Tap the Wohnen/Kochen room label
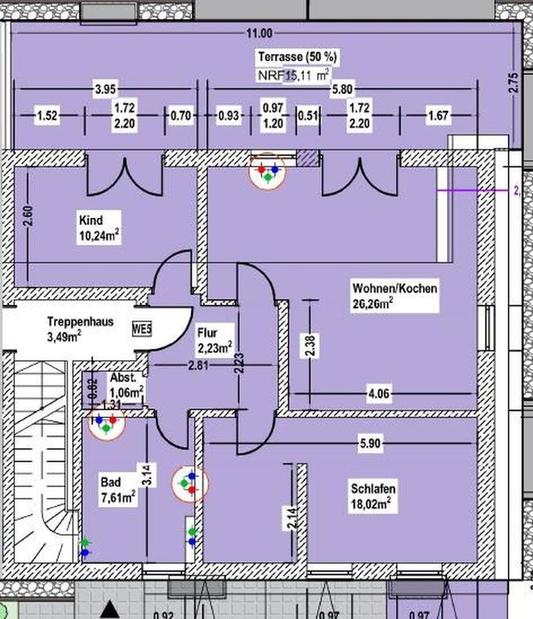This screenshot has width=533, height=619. (394, 288)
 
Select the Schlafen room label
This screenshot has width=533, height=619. (373, 488)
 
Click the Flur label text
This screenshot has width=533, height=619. (207, 334)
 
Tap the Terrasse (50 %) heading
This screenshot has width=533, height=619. (297, 57)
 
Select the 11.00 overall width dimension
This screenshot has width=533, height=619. (259, 34)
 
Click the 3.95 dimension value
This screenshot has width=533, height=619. (105, 90)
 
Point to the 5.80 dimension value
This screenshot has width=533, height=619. (342, 90)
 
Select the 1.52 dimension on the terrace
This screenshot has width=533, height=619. (48, 117)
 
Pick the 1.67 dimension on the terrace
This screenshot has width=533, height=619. (438, 117)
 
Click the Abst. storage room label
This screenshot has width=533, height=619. (122, 378)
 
